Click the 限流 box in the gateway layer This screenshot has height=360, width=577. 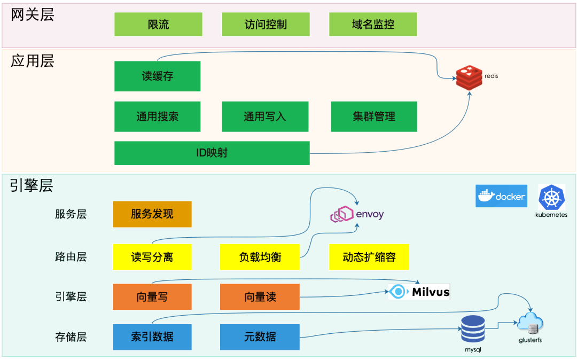coord(158,25)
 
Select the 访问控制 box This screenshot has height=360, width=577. coord(266,25)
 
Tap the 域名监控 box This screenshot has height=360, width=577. coord(373,25)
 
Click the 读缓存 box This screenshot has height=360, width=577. coord(158,76)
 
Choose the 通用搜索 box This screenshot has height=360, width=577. coord(158,116)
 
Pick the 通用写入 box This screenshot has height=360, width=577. coord(265,116)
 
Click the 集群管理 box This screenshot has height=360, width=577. coord(374,116)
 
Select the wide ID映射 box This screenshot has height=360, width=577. coord(212,153)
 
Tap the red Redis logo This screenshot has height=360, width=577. coord(469,77)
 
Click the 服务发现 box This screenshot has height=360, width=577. coord(152,214)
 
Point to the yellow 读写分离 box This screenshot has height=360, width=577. coord(152,257)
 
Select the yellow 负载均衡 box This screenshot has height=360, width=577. coord(260,257)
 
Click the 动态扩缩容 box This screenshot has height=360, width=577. coord(369,257)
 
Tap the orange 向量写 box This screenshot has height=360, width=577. coord(152,297)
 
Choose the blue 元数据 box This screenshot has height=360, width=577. coord(260,337)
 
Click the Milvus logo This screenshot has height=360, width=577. coord(419,292)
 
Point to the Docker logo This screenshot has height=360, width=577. coord(501,196)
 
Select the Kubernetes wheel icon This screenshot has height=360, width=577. coord(551,197)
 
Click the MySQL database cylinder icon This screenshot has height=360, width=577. coord(473,328)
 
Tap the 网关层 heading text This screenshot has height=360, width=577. coord(33,14)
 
